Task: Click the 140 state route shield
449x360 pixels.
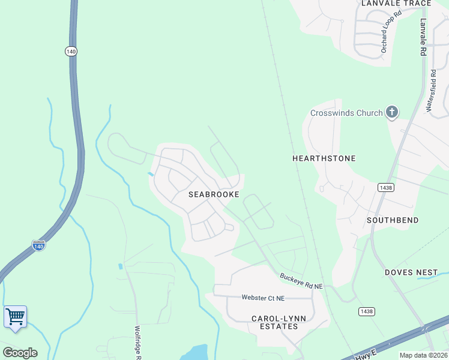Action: [71, 52]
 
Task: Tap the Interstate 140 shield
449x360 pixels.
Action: [38, 246]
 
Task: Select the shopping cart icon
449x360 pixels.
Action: [15, 316]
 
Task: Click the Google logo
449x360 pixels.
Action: [20, 352]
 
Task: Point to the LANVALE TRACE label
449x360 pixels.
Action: [396, 4]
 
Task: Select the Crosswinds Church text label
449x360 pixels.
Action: [346, 113]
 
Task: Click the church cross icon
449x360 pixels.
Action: [392, 112]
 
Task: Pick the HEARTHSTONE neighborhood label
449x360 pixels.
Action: [324, 158]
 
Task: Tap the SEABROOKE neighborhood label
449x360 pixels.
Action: [214, 194]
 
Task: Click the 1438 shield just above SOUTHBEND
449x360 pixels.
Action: [385, 188]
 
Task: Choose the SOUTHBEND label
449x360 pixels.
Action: [393, 220]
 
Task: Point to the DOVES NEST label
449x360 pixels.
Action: [411, 272]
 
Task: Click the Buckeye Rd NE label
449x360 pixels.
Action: [301, 281]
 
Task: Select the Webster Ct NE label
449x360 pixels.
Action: [263, 298]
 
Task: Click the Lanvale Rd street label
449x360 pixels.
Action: [423, 37]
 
